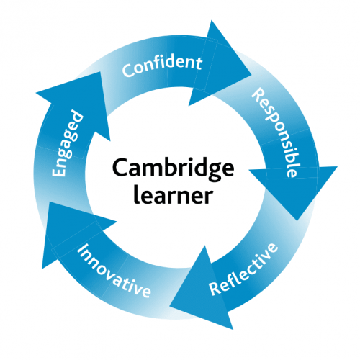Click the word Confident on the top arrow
point(161,66)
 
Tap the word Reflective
point(243,270)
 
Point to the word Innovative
point(114,272)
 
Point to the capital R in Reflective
point(214,289)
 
